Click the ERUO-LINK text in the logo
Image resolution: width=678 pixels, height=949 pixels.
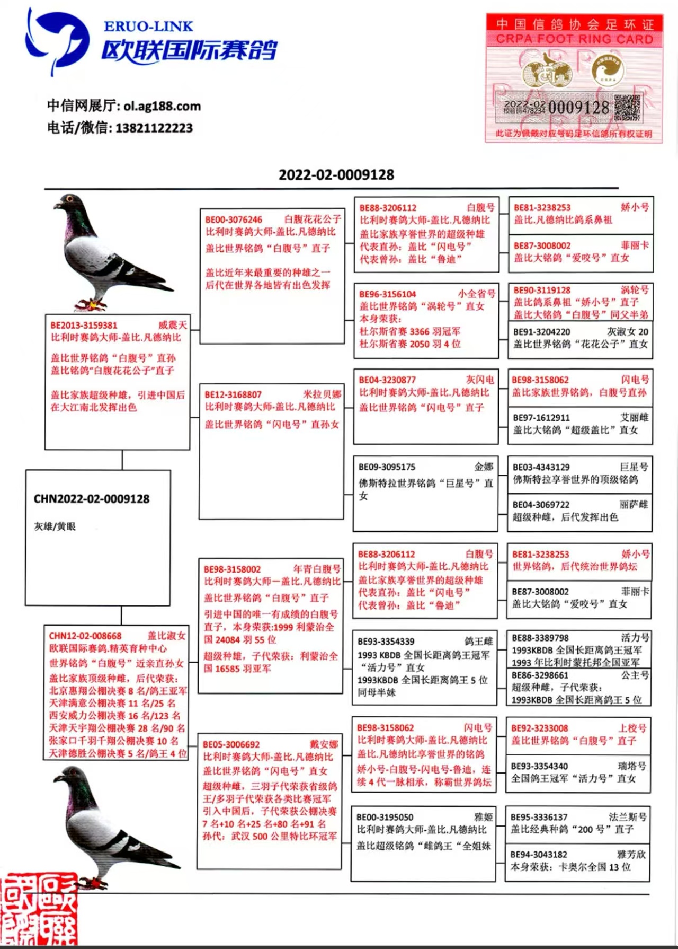click(x=148, y=26)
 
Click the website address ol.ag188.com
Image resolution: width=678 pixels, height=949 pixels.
click(x=162, y=106)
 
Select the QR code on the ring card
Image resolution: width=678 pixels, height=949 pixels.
click(x=627, y=107)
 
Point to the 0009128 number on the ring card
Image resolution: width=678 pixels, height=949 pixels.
click(x=578, y=108)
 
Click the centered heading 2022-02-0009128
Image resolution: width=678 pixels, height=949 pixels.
click(x=336, y=174)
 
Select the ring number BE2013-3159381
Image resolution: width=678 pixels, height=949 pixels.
click(x=84, y=325)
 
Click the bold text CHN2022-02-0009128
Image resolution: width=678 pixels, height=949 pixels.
click(x=92, y=499)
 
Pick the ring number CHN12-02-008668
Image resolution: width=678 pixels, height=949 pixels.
click(x=85, y=636)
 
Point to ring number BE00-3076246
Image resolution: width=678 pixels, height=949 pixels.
click(x=234, y=219)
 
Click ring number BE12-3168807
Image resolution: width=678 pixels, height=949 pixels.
click(x=233, y=394)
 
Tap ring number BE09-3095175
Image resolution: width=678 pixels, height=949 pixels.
click(x=387, y=467)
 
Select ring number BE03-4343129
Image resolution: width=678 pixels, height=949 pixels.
click(x=541, y=467)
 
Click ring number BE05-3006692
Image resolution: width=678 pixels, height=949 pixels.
click(x=231, y=744)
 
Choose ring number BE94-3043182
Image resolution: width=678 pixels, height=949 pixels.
click(x=539, y=855)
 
